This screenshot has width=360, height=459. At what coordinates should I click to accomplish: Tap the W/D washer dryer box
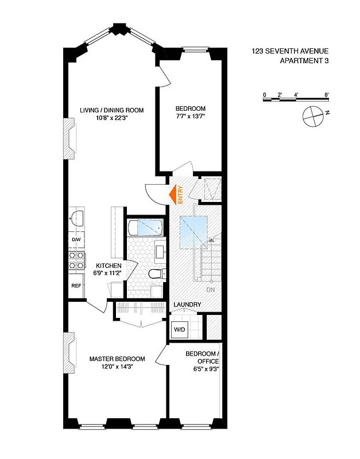[x=178, y=330]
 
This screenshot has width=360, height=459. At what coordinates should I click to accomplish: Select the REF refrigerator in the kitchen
[x=75, y=285]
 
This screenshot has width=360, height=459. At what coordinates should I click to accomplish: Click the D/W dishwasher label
[x=75, y=239]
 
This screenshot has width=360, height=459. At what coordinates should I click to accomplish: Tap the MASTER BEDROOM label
[x=117, y=359]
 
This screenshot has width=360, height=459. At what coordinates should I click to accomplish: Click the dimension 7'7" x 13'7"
[x=190, y=117]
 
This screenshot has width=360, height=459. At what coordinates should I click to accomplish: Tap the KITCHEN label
[x=108, y=266]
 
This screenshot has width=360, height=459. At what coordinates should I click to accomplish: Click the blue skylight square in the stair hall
[x=193, y=231]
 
